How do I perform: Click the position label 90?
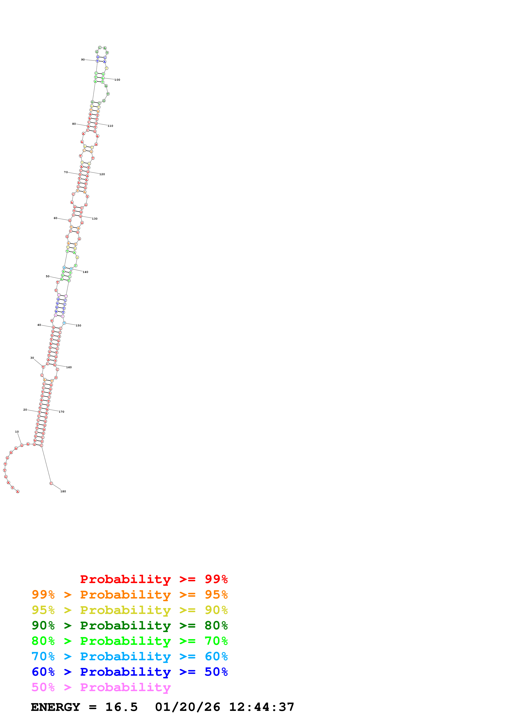click(x=83, y=59)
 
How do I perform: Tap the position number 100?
click(x=117, y=80)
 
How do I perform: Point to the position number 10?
click(x=17, y=432)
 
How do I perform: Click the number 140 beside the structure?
click(x=85, y=272)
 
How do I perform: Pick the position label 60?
click(x=55, y=218)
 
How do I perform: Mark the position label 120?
click(x=102, y=174)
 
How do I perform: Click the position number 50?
click(x=48, y=276)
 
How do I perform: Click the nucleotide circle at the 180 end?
click(x=51, y=483)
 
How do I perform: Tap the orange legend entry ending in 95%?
click(x=129, y=595)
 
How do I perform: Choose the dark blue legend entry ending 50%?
click(x=129, y=672)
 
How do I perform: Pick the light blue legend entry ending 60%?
click(x=129, y=656)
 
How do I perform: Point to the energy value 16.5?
click(x=121, y=707)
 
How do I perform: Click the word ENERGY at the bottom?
click(x=55, y=707)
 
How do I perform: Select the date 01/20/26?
click(x=187, y=707)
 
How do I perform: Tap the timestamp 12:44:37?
click(x=261, y=707)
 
